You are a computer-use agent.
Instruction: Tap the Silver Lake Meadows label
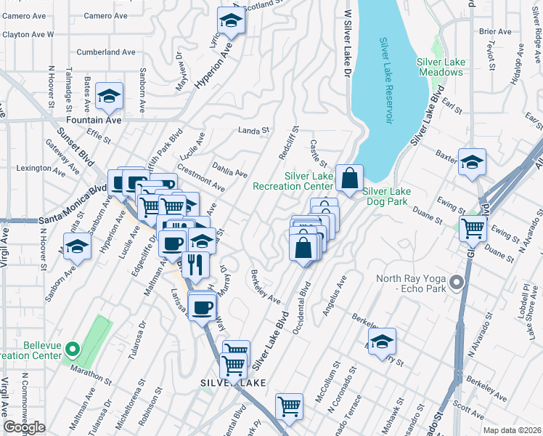coord(441,68)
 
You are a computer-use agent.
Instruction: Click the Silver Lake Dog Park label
coord(388,196)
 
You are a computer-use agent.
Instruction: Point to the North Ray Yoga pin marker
coord(456,281)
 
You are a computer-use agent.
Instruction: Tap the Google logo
coord(24,428)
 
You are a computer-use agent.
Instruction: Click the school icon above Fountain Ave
coord(109,97)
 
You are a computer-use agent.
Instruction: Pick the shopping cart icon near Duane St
coord(473,228)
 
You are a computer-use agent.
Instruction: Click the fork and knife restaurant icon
coord(196,265)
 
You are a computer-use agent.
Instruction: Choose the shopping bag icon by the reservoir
coord(349,178)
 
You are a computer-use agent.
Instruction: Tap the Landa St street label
coord(254,131)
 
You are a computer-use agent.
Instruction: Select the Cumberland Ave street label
coord(107,52)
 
